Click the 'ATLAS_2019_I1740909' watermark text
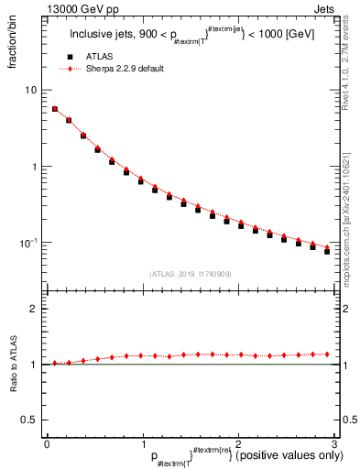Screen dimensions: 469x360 191,274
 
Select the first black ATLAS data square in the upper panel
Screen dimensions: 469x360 55,109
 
